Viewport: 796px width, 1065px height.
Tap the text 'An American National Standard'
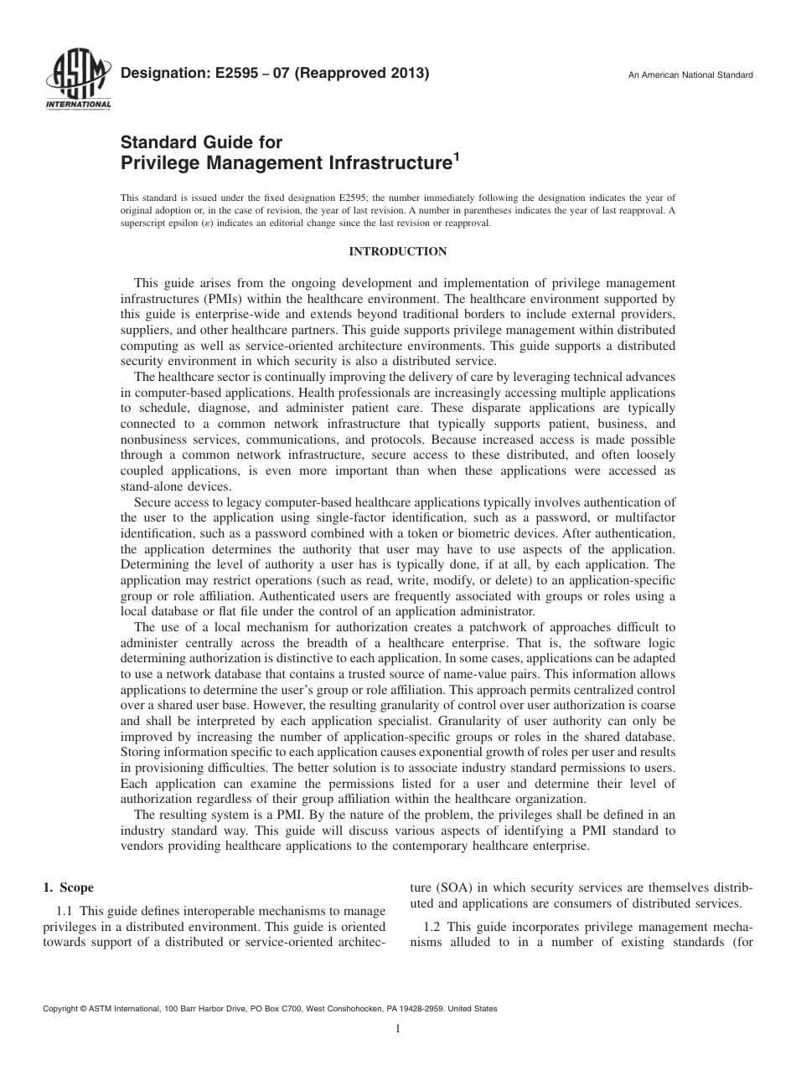pos(690,75)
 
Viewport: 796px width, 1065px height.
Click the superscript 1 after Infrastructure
pos(456,156)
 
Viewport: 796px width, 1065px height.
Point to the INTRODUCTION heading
pos(397,251)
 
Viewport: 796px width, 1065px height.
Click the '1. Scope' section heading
pos(68,887)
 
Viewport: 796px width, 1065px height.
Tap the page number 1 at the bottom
pos(397,1030)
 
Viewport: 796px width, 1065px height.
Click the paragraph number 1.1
pos(65,910)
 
